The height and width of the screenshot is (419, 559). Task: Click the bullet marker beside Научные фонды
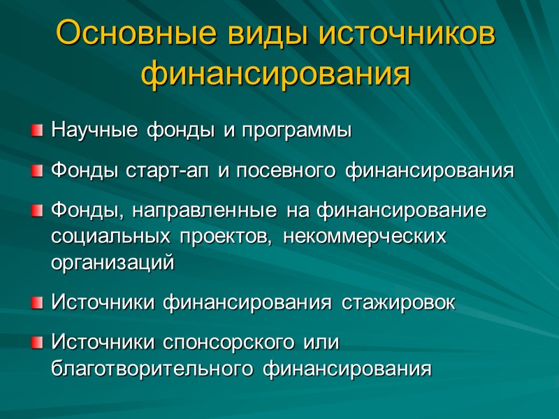(36, 131)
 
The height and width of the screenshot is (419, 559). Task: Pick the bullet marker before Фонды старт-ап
(36, 171)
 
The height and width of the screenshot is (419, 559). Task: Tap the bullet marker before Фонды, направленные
(36, 212)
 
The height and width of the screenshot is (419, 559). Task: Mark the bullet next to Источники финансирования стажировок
(36, 304)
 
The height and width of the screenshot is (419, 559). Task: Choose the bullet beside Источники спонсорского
(36, 344)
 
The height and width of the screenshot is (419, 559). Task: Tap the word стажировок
(398, 304)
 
